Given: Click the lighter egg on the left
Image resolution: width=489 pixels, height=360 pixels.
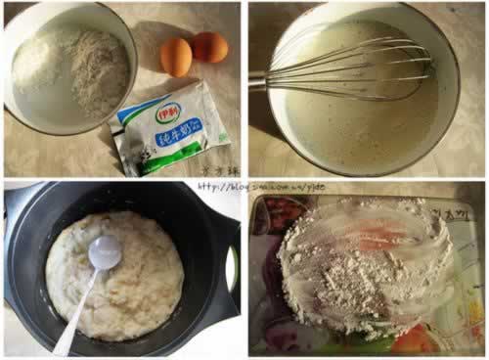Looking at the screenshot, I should coord(176,57).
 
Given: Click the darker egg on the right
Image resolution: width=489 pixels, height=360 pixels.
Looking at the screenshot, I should coord(209,46).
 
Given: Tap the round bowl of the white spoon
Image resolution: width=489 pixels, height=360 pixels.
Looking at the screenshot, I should coord(105,252).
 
